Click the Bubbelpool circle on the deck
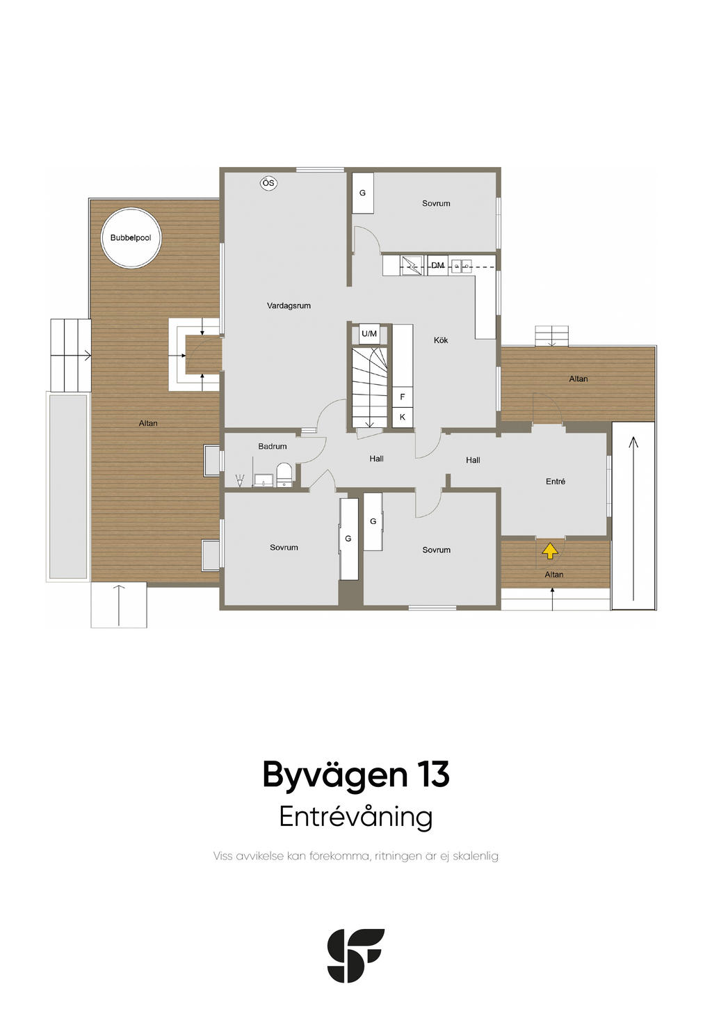pyautogui.click(x=131, y=238)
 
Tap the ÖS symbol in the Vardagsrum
pyautogui.click(x=268, y=183)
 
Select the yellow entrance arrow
pyautogui.click(x=549, y=550)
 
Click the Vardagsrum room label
pyautogui.click(x=289, y=305)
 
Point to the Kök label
pyautogui.click(x=440, y=340)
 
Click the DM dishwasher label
pyautogui.click(x=437, y=265)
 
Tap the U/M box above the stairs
pyautogui.click(x=369, y=333)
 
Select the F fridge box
pyautogui.click(x=403, y=397)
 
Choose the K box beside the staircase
pyautogui.click(x=403, y=417)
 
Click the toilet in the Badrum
pyautogui.click(x=284, y=475)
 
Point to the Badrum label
pyautogui.click(x=272, y=446)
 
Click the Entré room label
pyautogui.click(x=555, y=482)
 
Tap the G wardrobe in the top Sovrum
pyautogui.click(x=363, y=193)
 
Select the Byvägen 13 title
pyautogui.click(x=356, y=775)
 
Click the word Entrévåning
pyautogui.click(x=356, y=817)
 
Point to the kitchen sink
pyautogui.click(x=461, y=266)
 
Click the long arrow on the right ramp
pyautogui.click(x=633, y=518)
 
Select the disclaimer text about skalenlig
pyautogui.click(x=356, y=856)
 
